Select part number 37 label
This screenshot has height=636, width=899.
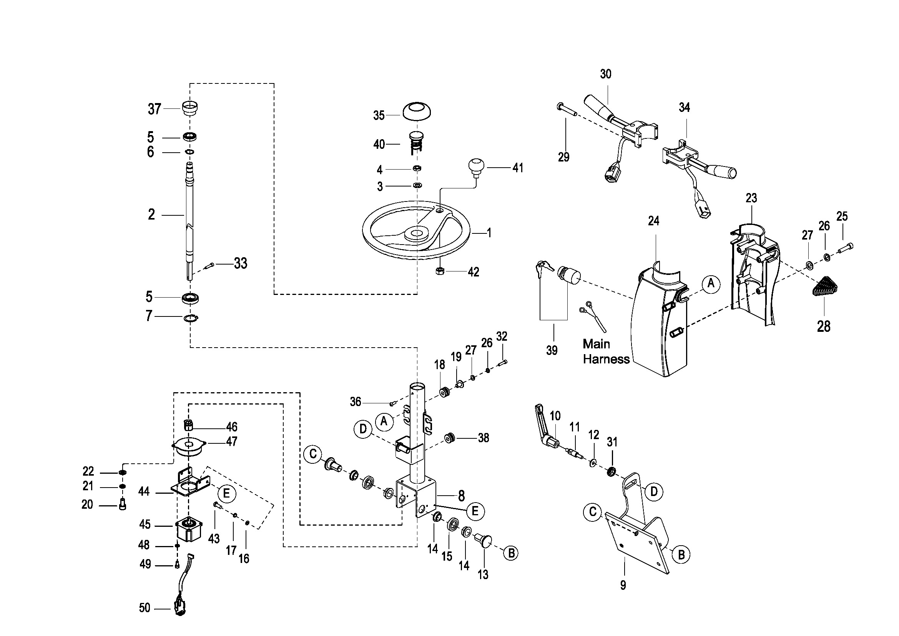[154, 108]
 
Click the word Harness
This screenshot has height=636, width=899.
[606, 359]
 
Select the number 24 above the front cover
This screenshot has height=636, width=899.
[653, 221]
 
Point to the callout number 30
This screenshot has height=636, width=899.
[605, 74]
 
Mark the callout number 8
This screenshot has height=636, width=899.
[461, 496]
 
